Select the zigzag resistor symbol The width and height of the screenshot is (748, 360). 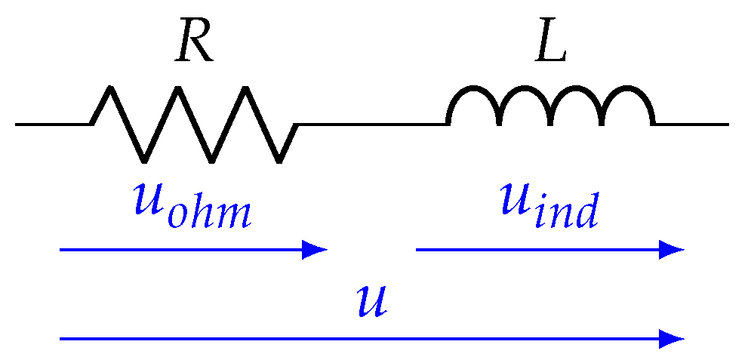coord(194,124)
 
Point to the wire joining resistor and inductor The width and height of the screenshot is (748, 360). coord(371,124)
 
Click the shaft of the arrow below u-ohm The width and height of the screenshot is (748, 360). coord(181,249)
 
